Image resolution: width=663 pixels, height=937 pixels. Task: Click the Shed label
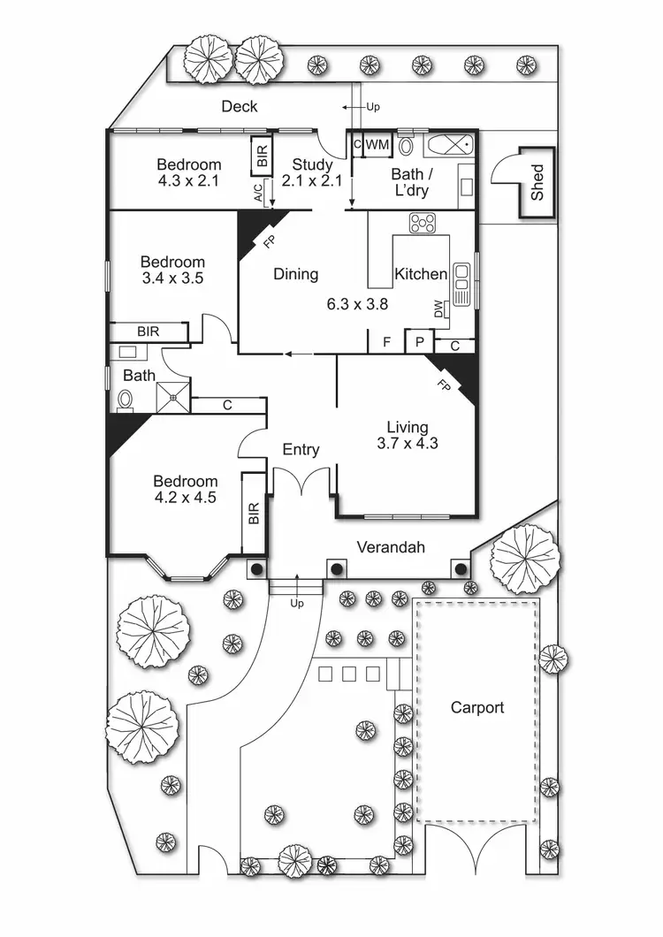[537, 181]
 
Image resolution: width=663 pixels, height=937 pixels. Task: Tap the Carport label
[477, 707]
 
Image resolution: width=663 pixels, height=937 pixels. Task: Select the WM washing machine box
[377, 144]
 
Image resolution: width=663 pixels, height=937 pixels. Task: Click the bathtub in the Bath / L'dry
[450, 145]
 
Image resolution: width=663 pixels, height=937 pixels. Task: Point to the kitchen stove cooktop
[423, 222]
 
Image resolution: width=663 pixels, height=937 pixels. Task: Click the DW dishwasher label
[439, 309]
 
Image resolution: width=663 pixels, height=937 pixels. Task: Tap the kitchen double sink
[461, 284]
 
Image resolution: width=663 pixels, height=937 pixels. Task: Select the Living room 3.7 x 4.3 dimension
[407, 444]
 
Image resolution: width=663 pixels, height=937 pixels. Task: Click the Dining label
[295, 274]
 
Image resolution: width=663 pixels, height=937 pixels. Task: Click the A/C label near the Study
[257, 192]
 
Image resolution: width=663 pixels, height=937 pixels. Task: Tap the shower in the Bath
[173, 397]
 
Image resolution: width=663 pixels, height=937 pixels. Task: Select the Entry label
[301, 450]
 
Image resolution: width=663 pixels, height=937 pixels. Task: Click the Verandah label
[391, 548]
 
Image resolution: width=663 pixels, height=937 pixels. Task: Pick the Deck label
[240, 106]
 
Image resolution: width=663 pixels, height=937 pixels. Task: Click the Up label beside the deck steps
[372, 107]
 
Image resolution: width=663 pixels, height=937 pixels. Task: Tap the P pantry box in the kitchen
[420, 341]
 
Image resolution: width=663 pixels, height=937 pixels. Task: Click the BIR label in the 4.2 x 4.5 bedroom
[254, 514]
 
